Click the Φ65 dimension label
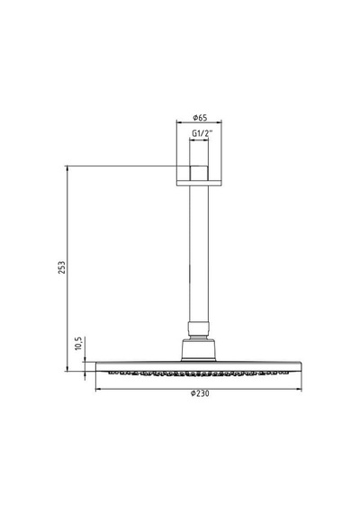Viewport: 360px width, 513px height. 200,117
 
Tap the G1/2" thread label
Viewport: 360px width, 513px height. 202,133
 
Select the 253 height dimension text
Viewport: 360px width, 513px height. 62,267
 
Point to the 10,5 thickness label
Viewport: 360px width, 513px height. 78,344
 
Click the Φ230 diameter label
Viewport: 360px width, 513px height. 200,393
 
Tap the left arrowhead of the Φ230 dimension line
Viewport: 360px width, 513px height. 97,389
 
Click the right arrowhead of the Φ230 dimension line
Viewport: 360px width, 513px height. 299,389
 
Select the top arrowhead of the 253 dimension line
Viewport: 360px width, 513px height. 67,168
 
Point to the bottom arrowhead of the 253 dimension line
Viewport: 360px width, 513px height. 67,369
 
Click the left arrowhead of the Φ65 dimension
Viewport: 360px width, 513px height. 179,122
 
